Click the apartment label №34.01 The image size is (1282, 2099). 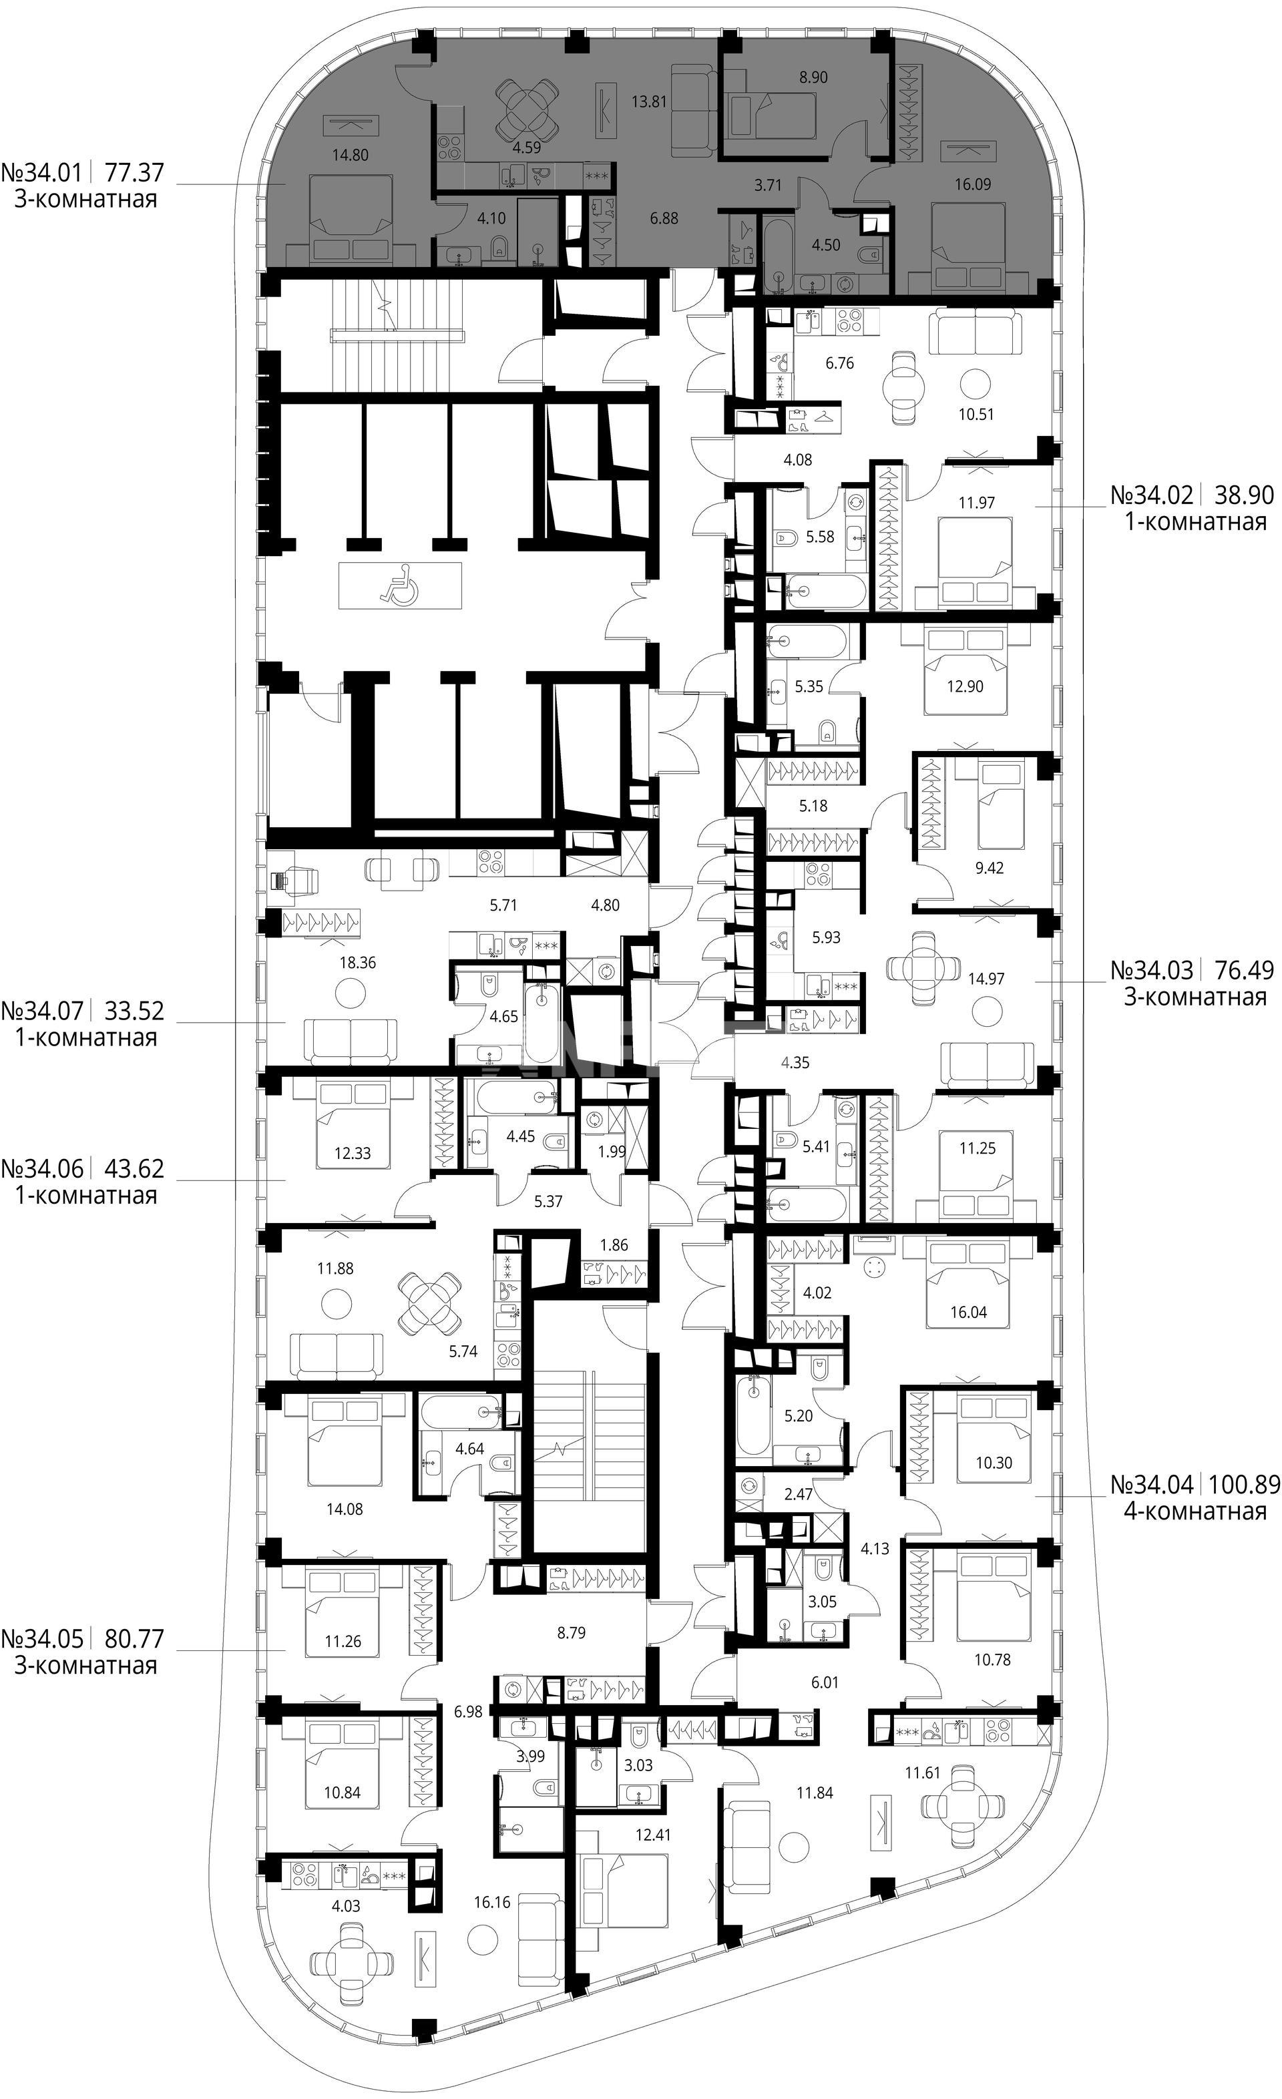tap(42, 173)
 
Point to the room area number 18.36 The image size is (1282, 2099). tap(357, 963)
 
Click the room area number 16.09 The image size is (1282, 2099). tap(973, 184)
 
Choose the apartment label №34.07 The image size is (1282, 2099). tap(42, 1011)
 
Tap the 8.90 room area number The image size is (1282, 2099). tap(813, 77)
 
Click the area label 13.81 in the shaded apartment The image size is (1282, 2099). tap(648, 101)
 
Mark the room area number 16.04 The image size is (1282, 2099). tap(969, 1313)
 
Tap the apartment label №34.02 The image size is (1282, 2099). tap(1152, 495)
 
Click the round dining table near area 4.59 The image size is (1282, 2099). tap(526, 108)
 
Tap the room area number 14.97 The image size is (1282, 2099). tap(986, 979)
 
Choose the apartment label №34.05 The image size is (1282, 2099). tap(42, 1631)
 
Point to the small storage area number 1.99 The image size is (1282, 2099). tap(612, 1152)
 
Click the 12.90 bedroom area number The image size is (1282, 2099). tap(964, 686)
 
